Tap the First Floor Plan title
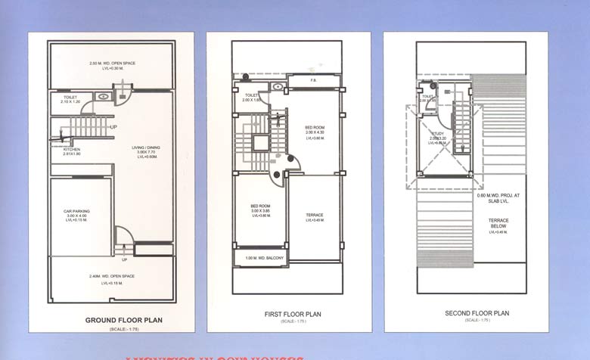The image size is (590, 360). point(292,314)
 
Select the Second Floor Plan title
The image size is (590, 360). point(477,313)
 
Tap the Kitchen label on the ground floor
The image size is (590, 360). point(72,150)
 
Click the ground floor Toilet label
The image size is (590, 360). point(70,98)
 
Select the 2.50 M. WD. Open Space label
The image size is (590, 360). point(112,63)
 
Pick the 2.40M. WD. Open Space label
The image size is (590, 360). point(112,276)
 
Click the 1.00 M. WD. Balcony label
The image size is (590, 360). point(265,259)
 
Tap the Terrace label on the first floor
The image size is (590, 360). point(315,216)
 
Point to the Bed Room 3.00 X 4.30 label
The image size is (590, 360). point(315,127)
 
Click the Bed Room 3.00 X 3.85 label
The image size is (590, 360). point(260,206)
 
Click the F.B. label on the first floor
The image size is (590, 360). point(313,80)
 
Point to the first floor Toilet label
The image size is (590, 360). point(252,95)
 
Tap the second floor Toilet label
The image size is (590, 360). point(427,97)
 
